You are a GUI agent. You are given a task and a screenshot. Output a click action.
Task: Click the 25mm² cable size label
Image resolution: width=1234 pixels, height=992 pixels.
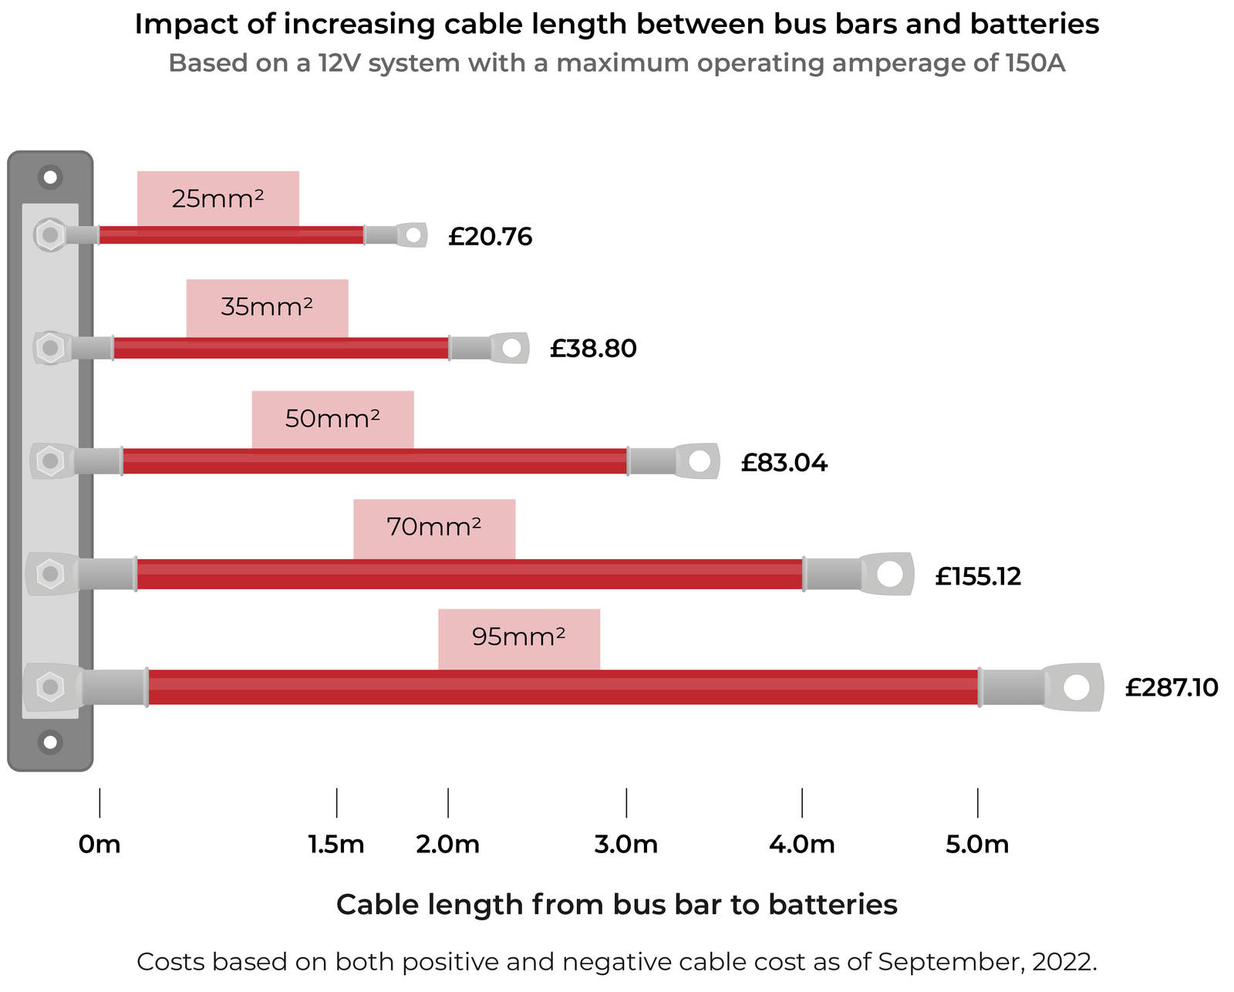coord(217,200)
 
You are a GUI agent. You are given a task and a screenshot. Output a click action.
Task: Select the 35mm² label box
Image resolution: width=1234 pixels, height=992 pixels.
coord(267,308)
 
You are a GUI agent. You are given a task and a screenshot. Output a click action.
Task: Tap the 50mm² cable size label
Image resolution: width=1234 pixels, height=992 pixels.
coord(332,420)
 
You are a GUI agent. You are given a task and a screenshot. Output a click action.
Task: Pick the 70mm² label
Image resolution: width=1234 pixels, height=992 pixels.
coord(434,528)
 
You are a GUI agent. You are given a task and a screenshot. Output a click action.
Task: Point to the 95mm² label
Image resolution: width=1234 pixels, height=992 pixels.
coord(519,638)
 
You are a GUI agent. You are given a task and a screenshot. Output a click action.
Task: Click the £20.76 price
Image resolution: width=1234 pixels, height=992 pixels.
coord(490,237)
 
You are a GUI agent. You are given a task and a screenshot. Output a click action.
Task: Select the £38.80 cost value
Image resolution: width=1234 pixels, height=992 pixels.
coord(593,349)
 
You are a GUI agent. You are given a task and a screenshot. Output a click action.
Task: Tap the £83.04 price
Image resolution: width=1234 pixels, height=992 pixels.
coord(784,464)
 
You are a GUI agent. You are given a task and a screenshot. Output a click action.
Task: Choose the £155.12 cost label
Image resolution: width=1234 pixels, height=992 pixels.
coord(978,576)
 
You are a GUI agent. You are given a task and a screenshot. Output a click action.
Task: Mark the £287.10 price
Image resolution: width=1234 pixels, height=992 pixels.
coord(1171,687)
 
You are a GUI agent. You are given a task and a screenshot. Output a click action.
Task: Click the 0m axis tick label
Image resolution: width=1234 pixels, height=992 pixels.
coord(99,845)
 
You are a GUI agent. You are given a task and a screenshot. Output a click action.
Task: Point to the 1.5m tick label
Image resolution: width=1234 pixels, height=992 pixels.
coord(336,845)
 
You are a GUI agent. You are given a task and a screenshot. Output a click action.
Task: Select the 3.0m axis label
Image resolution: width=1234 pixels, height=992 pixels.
coord(625,845)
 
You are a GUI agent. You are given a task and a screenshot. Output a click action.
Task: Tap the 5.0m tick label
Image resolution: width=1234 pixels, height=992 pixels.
coord(977,845)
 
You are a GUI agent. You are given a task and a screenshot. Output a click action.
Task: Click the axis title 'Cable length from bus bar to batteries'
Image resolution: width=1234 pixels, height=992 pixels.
coord(617,905)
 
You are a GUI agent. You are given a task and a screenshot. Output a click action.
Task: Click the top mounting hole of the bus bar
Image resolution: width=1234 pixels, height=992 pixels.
coord(50,177)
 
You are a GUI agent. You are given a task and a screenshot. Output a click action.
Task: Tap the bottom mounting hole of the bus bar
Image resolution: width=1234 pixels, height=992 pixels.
coord(50,743)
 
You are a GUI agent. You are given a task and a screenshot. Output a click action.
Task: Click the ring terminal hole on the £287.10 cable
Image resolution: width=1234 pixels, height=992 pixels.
coord(1077,687)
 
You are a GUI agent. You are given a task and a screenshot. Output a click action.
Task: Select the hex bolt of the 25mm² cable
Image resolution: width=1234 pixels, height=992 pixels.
coord(50,235)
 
